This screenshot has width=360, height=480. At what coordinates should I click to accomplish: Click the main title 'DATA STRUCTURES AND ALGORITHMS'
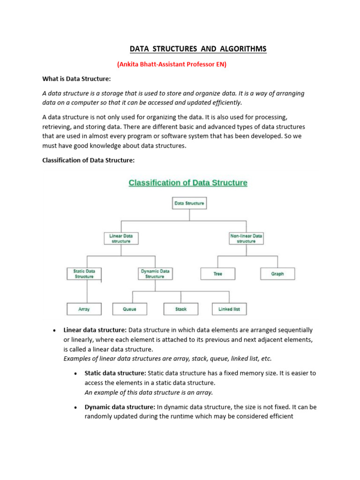pyautogui.click(x=197, y=49)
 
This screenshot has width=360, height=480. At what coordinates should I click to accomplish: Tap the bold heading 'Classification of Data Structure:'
pyautogui.click(x=89, y=160)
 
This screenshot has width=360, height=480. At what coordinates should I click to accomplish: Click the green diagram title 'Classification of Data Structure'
pyautogui.click(x=188, y=183)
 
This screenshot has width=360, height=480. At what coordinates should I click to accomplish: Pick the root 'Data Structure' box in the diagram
pyautogui.click(x=189, y=203)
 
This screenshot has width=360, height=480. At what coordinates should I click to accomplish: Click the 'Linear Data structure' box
pyautogui.click(x=121, y=239)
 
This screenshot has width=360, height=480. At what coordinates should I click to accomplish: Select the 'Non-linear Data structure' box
pyautogui.click(x=246, y=239)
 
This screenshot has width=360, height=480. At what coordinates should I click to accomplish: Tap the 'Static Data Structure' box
pyautogui.click(x=84, y=274)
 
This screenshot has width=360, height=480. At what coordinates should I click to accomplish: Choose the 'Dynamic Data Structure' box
pyautogui.click(x=155, y=274)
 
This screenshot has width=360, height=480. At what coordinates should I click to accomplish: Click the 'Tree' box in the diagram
pyautogui.click(x=218, y=274)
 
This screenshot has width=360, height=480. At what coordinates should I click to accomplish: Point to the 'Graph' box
pyautogui.click(x=277, y=274)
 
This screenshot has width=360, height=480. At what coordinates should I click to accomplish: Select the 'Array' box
pyautogui.click(x=84, y=309)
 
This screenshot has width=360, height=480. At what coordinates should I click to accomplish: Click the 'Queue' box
pyautogui.click(x=130, y=309)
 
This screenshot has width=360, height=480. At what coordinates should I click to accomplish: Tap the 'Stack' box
pyautogui.click(x=181, y=309)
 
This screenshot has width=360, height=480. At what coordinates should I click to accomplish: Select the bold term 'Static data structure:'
pyautogui.click(x=115, y=374)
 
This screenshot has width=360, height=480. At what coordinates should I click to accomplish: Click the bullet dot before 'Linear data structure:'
pyautogui.click(x=55, y=330)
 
